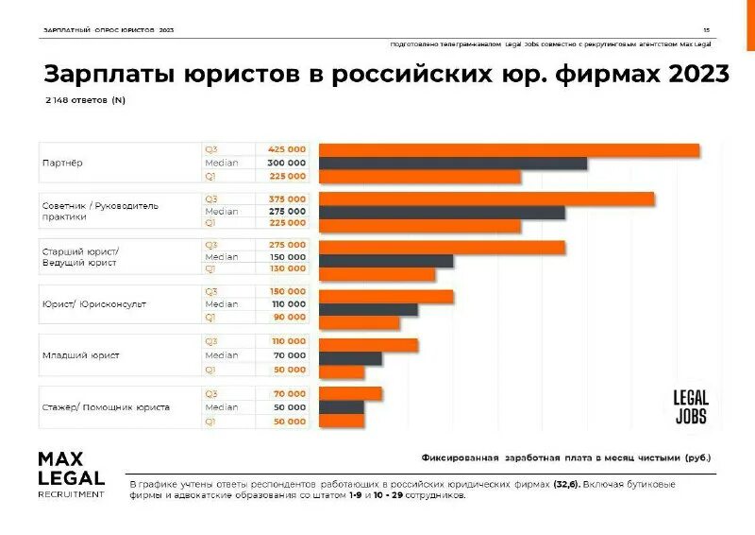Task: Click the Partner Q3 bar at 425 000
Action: tap(509, 149)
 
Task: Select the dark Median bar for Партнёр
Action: tap(453, 164)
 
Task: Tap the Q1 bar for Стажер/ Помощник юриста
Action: tap(342, 421)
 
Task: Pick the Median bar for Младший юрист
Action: tap(350, 357)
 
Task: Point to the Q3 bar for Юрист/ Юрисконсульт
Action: tap(386, 296)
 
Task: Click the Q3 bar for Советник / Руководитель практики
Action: tap(486, 198)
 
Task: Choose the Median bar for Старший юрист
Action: tap(386, 260)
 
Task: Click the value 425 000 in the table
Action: tap(287, 149)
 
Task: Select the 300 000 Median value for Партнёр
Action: tap(287, 163)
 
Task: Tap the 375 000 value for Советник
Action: tap(287, 198)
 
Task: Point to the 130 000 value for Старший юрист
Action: tap(287, 268)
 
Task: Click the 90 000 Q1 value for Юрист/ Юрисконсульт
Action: tap(290, 317)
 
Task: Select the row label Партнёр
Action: tap(62, 163)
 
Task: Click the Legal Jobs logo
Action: tap(690, 406)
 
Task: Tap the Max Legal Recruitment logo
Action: tap(71, 474)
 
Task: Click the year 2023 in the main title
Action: tap(698, 75)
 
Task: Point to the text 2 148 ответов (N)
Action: tap(85, 99)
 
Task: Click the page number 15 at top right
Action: tap(706, 30)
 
